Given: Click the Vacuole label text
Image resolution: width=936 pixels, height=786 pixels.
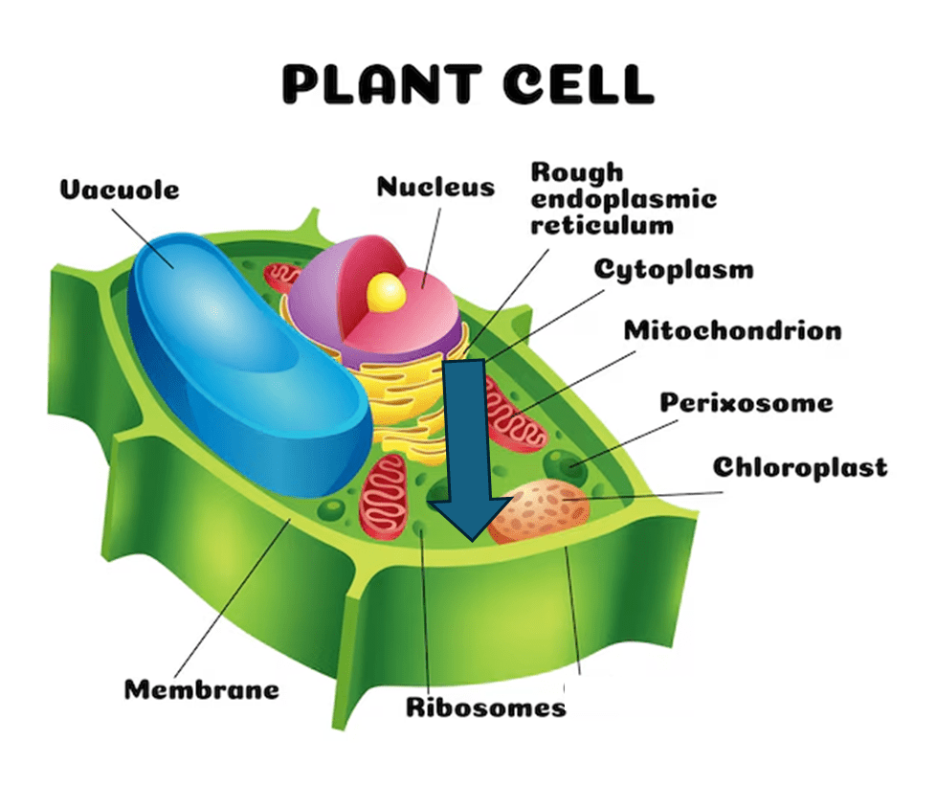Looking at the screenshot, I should (x=120, y=189).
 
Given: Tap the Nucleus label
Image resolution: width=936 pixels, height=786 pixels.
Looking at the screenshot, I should (x=435, y=186).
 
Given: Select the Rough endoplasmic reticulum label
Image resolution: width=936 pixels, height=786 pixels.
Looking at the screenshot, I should (x=623, y=199).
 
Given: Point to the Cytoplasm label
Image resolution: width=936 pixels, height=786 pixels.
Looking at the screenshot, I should (x=674, y=269).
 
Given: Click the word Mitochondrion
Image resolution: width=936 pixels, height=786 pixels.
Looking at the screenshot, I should (x=733, y=330).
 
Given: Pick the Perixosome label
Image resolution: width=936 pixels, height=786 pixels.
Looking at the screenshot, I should (x=746, y=402).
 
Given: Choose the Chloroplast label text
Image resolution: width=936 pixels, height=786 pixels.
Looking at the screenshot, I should (x=799, y=467).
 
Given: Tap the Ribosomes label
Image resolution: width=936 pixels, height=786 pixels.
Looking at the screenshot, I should (x=485, y=707).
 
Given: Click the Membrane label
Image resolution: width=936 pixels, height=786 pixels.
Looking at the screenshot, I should (x=202, y=688).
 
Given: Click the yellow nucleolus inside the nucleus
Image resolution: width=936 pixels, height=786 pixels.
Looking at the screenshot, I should (x=387, y=290).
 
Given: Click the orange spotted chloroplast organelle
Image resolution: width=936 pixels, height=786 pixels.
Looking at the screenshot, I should (x=542, y=510).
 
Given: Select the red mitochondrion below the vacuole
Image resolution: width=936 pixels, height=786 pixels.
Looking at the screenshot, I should (x=384, y=495).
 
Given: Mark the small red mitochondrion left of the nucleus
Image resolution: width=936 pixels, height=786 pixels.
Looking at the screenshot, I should (x=283, y=278).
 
